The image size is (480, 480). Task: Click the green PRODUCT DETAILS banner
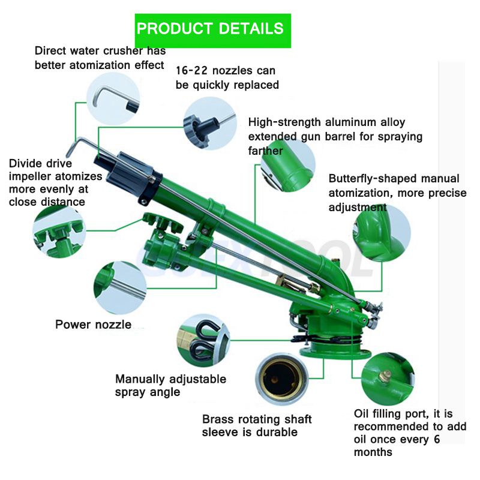click(x=213, y=31)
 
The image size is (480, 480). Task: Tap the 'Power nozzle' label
click(x=94, y=325)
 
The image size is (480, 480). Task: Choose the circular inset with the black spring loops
click(x=203, y=340)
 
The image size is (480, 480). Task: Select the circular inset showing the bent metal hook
click(x=113, y=98)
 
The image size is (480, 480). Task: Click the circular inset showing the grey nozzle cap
click(x=210, y=123)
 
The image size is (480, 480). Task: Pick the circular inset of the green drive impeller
click(x=59, y=232)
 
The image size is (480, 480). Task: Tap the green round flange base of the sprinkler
click(x=335, y=352)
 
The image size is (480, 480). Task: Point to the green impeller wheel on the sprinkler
click(x=163, y=222)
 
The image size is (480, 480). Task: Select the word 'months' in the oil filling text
click(x=373, y=452)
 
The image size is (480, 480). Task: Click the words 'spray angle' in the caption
click(x=148, y=392)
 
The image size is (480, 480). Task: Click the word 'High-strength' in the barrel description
click(x=284, y=122)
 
